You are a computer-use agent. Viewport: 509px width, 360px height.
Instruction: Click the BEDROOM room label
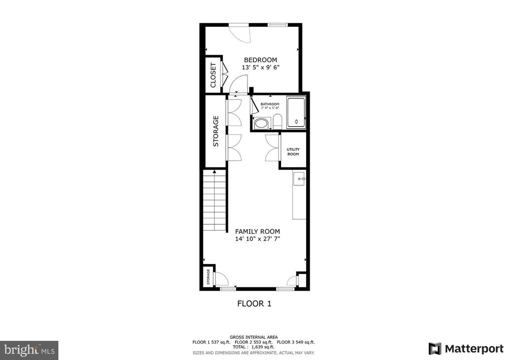(x=260, y=60)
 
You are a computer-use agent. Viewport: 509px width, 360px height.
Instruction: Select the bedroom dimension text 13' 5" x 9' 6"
(x=261, y=68)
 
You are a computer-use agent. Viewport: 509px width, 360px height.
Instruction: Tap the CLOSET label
(x=213, y=75)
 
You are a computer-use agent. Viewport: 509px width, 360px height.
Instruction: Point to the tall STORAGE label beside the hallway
(x=216, y=131)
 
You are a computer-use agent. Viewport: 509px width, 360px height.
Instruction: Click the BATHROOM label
(x=270, y=104)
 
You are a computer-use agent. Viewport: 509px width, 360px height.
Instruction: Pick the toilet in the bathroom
(x=277, y=122)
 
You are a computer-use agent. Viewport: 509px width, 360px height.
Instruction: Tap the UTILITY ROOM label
(x=293, y=152)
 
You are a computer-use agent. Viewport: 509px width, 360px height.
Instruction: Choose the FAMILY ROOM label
(x=257, y=231)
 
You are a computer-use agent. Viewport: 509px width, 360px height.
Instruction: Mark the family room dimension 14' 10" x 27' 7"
(x=257, y=239)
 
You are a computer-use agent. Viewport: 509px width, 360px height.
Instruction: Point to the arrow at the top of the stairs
(x=215, y=171)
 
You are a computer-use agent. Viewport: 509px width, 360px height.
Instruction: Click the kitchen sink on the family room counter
(x=299, y=179)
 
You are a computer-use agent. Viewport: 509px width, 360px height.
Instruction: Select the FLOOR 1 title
(x=254, y=304)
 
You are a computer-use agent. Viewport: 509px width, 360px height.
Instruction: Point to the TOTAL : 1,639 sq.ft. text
(x=253, y=347)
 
